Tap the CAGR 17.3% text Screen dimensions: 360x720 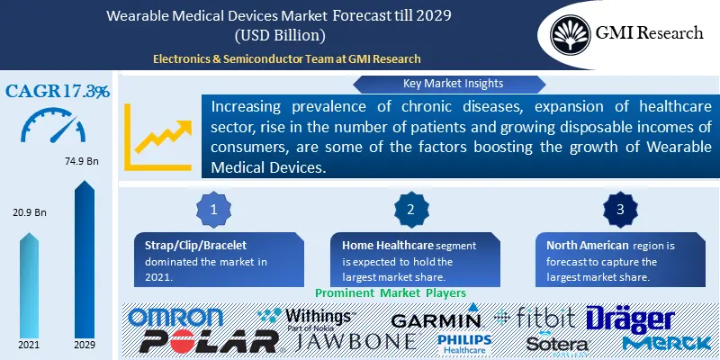(58, 92)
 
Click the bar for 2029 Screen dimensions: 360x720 (85, 261)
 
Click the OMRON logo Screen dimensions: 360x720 (175, 317)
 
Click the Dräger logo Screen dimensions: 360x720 (630, 318)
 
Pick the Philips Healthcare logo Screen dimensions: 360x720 (464, 342)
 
